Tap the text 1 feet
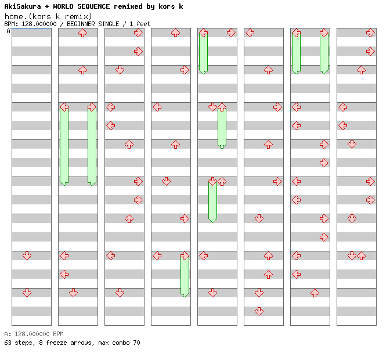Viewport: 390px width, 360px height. (139, 24)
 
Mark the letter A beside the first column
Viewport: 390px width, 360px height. (8, 31)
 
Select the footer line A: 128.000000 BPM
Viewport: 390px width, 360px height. (34, 334)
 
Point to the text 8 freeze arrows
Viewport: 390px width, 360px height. (63, 343)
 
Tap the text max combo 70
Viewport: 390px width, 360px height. (118, 343)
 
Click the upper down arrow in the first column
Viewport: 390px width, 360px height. (27, 255)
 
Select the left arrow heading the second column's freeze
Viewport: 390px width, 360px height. (64, 107)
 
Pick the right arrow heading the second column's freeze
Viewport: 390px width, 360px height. (92, 107)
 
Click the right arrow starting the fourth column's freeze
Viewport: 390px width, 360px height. (185, 255)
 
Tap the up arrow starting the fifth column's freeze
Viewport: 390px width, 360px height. (222, 107)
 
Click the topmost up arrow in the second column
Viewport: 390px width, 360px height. (82, 33)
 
